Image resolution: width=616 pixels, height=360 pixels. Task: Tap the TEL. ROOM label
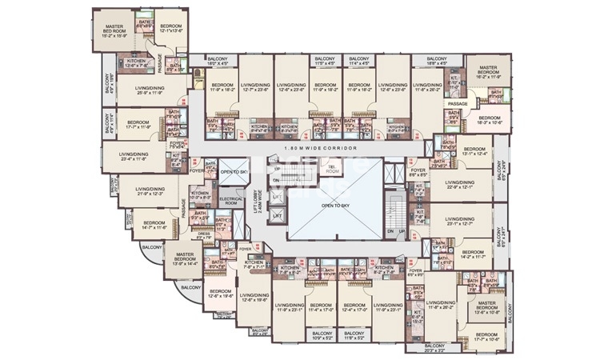pyautogui.click(x=332, y=170)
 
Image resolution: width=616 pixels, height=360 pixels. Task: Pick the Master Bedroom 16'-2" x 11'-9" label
pyautogui.click(x=487, y=74)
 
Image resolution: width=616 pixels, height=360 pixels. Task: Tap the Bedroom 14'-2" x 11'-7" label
pyautogui.click(x=474, y=256)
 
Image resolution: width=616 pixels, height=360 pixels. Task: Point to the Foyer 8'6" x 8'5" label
pyautogui.click(x=418, y=171)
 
